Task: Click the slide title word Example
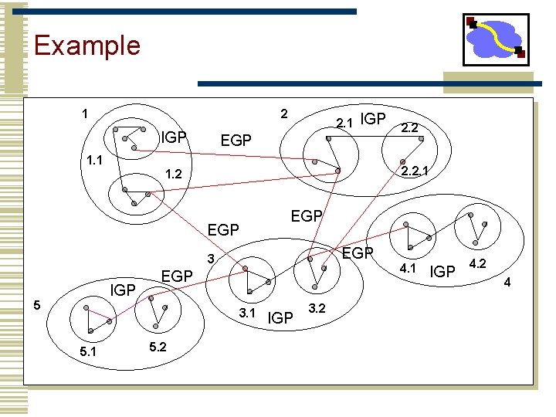[87, 45]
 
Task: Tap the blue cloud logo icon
[495, 39]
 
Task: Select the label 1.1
[96, 161]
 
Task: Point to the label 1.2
[177, 175]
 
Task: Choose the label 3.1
[247, 313]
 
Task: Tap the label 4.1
[408, 269]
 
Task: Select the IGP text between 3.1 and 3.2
[280, 317]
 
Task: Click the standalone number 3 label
[209, 257]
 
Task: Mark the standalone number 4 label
[507, 283]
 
